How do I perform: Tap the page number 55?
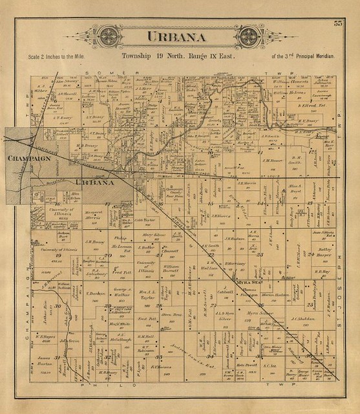[x=337, y=25]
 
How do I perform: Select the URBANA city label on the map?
[x=94, y=182]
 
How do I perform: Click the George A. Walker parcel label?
[x=119, y=292]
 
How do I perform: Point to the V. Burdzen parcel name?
[x=95, y=293]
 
